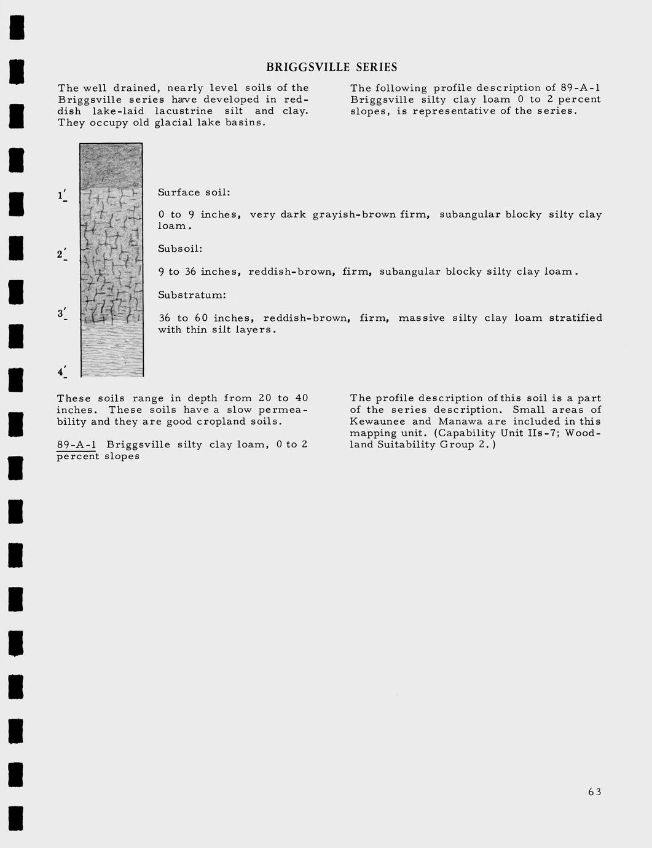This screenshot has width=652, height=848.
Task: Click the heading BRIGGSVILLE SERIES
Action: pos(331,68)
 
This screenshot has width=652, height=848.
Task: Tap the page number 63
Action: pos(594,792)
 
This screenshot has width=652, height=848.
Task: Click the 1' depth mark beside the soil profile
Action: pos(62,196)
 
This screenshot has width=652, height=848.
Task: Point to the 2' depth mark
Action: pos(61,254)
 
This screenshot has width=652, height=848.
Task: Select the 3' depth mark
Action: pos(62,314)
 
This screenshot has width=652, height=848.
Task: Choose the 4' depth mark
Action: pos(62,372)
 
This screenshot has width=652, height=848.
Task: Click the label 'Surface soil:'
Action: pos(194,192)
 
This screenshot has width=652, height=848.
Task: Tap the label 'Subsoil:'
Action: pos(180,249)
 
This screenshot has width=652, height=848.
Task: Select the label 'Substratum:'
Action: pos(192,295)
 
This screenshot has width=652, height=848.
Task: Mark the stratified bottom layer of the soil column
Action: pos(111,350)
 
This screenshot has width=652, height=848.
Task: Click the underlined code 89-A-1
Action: pos(76,444)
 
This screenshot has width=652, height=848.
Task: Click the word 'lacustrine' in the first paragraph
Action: pos(183,111)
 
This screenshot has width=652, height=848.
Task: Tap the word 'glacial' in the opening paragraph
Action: pos(176,123)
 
